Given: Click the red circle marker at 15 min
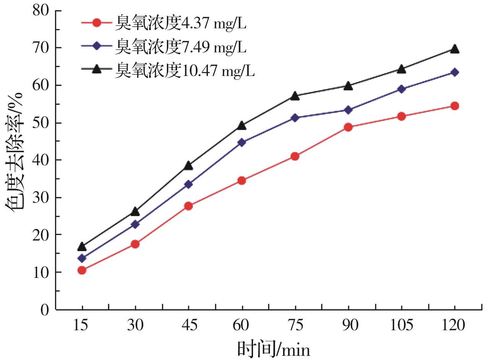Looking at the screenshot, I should coord(82,270).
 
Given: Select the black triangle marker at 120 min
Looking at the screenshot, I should coord(454,49).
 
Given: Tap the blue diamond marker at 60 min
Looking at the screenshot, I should coord(242,142).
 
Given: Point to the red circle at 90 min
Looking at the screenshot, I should coord(348,127).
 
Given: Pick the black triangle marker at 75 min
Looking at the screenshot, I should coord(295,95).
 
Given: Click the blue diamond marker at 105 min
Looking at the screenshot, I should coord(401,89).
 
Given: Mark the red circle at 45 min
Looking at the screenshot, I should coord(188,206).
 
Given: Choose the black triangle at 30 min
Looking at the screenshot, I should coord(135,211).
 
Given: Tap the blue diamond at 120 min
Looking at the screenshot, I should coord(454,72).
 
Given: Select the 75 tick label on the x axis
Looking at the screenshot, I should coord(295,326).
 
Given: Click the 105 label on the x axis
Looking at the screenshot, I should coord(401,326).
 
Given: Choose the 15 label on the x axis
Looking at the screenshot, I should coord(82,326).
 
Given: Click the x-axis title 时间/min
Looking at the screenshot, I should coord(273,348).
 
